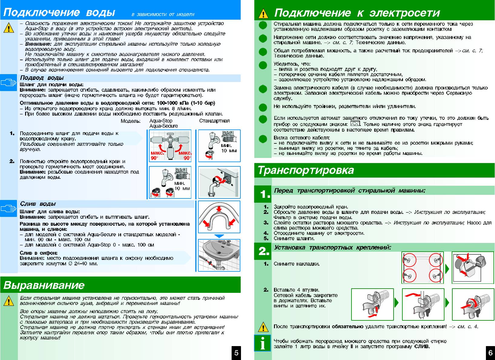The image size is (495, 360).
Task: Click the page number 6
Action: click(x=490, y=352)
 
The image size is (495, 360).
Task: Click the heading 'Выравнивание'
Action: click(x=44, y=285)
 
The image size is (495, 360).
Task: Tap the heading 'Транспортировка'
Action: click(x=305, y=170)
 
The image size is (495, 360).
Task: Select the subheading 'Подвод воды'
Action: click(x=42, y=78)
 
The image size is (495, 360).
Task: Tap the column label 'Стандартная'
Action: click(x=214, y=121)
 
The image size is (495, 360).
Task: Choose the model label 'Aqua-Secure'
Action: click(x=163, y=126)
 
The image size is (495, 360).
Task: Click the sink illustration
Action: click(x=219, y=255)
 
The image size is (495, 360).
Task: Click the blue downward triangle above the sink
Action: click(x=219, y=236)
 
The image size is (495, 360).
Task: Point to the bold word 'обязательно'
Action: click(x=348, y=327)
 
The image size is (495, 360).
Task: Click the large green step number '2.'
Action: click(x=264, y=251)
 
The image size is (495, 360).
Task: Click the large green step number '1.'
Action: click(x=265, y=194)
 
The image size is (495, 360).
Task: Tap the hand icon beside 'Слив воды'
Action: click(x=8, y=208)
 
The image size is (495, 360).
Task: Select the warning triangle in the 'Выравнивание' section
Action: click(x=9, y=302)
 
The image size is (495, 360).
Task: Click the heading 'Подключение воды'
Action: click(x=59, y=13)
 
